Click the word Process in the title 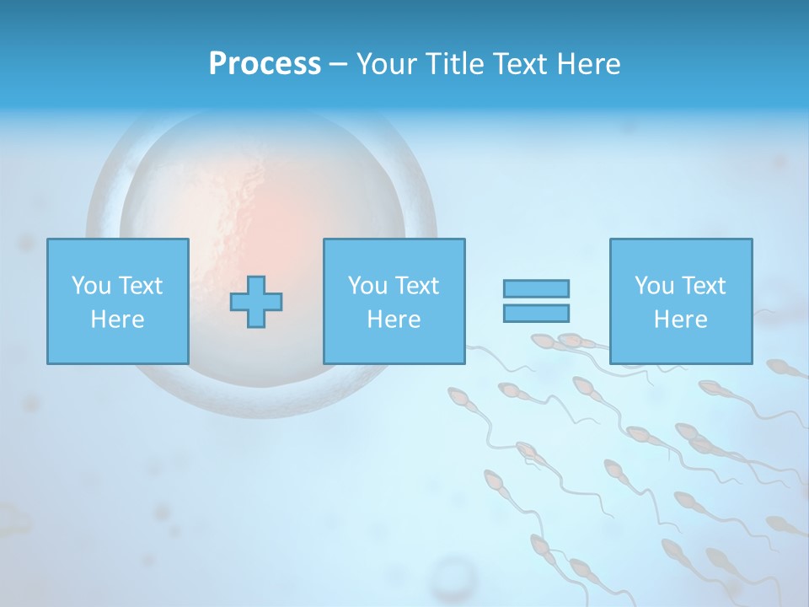[x=265, y=64]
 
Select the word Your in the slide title [x=386, y=64]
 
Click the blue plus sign [x=256, y=302]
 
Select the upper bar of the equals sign [x=536, y=288]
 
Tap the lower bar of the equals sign [x=536, y=314]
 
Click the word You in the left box [x=91, y=286]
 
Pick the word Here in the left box [x=117, y=320]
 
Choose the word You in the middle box [x=367, y=286]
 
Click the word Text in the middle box [x=417, y=286]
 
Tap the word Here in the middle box [x=394, y=320]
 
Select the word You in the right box [x=654, y=286]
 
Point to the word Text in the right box [x=704, y=286]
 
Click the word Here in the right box [x=680, y=320]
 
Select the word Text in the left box [x=141, y=286]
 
